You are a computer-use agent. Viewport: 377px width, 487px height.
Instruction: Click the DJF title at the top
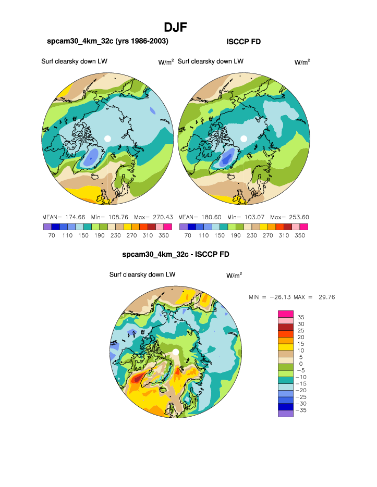[175, 27]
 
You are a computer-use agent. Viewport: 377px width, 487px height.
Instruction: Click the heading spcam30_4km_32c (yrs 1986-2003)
[107, 41]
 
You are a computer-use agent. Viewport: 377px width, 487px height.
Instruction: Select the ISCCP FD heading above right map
[243, 41]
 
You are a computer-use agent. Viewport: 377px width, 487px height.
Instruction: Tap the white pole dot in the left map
[107, 138]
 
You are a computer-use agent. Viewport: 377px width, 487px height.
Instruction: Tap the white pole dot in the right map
[244, 138]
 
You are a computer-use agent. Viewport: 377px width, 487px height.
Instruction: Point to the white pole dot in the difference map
[176, 353]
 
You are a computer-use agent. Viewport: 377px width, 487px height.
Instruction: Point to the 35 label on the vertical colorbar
[301, 317]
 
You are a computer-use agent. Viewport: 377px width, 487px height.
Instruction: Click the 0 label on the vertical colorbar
[300, 364]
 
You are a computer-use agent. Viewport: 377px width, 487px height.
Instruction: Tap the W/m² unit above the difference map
[234, 276]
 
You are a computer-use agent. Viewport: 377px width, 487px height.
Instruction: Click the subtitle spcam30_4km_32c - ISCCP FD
[176, 255]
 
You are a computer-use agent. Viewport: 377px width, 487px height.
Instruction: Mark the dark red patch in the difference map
[137, 380]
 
